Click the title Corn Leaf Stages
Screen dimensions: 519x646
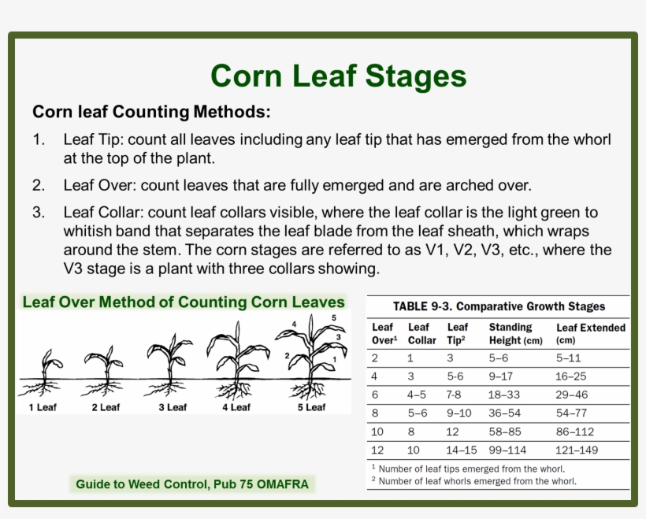pyautogui.click(x=338, y=76)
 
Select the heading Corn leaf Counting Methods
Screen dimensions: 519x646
pyautogui.click(x=151, y=112)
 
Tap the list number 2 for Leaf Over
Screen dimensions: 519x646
pyautogui.click(x=39, y=186)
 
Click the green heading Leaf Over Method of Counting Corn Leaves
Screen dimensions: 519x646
pyautogui.click(x=184, y=302)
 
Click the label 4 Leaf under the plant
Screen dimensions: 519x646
pyautogui.click(x=236, y=407)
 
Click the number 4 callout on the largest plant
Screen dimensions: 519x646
pyautogui.click(x=294, y=324)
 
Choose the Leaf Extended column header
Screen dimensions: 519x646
pyautogui.click(x=590, y=333)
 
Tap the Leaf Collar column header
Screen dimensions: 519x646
pyautogui.click(x=421, y=333)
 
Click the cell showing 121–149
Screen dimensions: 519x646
pyautogui.click(x=577, y=450)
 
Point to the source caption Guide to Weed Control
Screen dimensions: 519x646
pyautogui.click(x=192, y=484)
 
